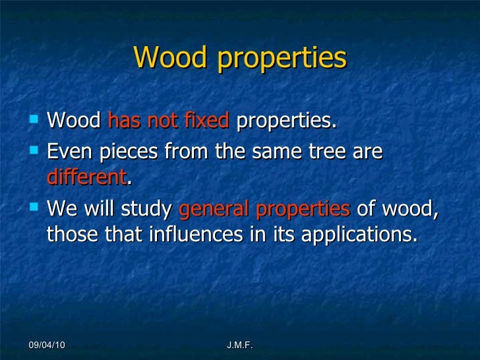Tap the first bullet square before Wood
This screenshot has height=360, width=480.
pyautogui.click(x=34, y=121)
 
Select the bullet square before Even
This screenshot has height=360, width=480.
pyautogui.click(x=34, y=151)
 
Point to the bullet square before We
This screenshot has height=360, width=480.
pyautogui.click(x=34, y=209)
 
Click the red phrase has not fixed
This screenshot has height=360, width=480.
pyautogui.click(x=167, y=121)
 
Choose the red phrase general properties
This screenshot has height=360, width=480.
pyautogui.click(x=264, y=210)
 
